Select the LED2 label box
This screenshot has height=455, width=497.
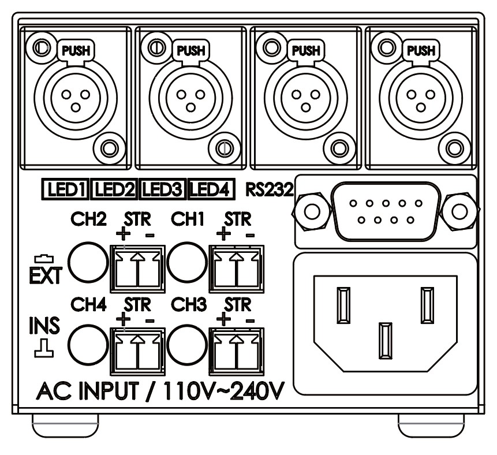pyautogui.click(x=115, y=189)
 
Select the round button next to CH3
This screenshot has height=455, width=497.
pyautogui.click(x=187, y=344)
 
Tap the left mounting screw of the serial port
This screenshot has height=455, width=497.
pyautogui.click(x=312, y=212)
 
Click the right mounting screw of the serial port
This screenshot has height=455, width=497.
pyautogui.click(x=459, y=212)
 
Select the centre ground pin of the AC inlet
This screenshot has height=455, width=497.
pyautogui.click(x=385, y=342)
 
